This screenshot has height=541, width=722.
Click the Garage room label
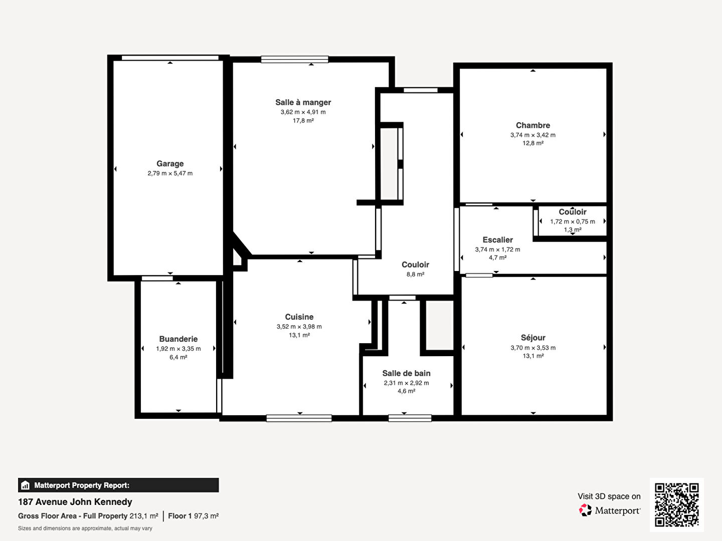170,164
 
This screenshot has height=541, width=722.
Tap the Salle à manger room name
303,103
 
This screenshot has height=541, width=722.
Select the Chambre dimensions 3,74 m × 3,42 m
533,135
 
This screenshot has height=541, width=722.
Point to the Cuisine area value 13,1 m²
299,335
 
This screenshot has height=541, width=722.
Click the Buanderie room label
178,339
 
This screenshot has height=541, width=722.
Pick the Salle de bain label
406,373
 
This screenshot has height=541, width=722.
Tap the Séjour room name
533,338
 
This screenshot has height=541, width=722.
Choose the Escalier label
498,240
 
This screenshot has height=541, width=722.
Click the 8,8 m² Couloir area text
415,275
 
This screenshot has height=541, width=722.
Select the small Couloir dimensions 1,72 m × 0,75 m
573,222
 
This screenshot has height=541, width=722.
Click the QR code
676,505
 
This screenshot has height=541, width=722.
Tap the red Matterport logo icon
585,510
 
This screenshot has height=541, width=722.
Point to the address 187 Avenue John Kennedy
75,502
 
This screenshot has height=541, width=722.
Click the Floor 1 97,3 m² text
194,516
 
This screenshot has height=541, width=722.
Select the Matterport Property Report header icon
26,485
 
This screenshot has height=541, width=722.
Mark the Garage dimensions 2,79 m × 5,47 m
170,173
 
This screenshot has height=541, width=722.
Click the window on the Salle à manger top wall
295,60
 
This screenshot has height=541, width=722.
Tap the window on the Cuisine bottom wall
299,418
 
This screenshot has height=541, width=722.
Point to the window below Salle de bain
410,418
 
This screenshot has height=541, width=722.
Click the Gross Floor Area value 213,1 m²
144,516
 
